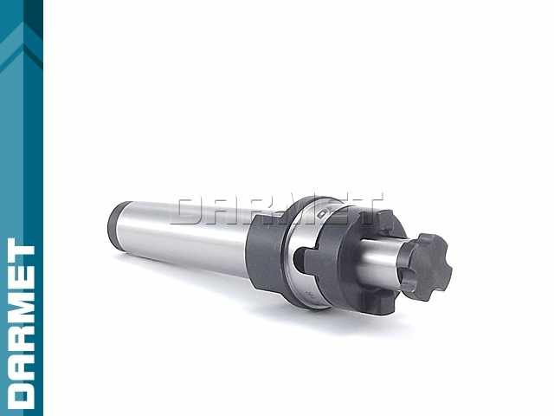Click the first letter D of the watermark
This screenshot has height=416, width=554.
(x=191, y=211)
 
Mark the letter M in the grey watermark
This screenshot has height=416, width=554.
(x=302, y=210)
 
